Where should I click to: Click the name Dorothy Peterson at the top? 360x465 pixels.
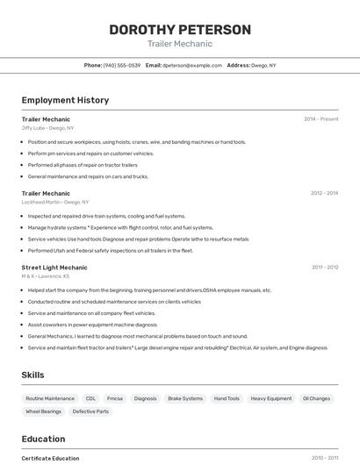pos(180,30)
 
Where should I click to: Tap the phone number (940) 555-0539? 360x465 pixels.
pos(122,65)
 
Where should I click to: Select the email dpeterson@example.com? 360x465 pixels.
pos(192,65)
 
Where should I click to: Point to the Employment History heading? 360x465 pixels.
pos(65,100)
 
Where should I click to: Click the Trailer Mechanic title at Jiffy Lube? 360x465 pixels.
pos(46,118)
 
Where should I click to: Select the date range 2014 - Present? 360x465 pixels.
pos(320,118)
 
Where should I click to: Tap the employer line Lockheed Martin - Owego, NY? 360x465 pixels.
pos(55,202)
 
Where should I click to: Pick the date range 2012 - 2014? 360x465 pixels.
pos(324,193)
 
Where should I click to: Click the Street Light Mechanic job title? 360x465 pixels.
pos(54,268)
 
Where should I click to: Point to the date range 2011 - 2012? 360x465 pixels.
pos(325,268)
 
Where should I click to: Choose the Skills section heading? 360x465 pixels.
pos(32,375)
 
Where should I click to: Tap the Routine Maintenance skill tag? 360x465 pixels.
pos(50,398)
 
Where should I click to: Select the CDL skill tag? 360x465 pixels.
pos(90,398)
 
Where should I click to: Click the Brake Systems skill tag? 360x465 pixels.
pos(185,398)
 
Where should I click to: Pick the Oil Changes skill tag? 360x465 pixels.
pos(316,398)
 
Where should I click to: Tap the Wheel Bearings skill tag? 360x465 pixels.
pos(44,411)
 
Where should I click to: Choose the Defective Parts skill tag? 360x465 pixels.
pos(90,411)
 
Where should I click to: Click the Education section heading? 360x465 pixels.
pos(43,439)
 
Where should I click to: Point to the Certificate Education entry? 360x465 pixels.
pos(50,458)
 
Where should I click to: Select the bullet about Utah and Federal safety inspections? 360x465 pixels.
pos(110,250)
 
